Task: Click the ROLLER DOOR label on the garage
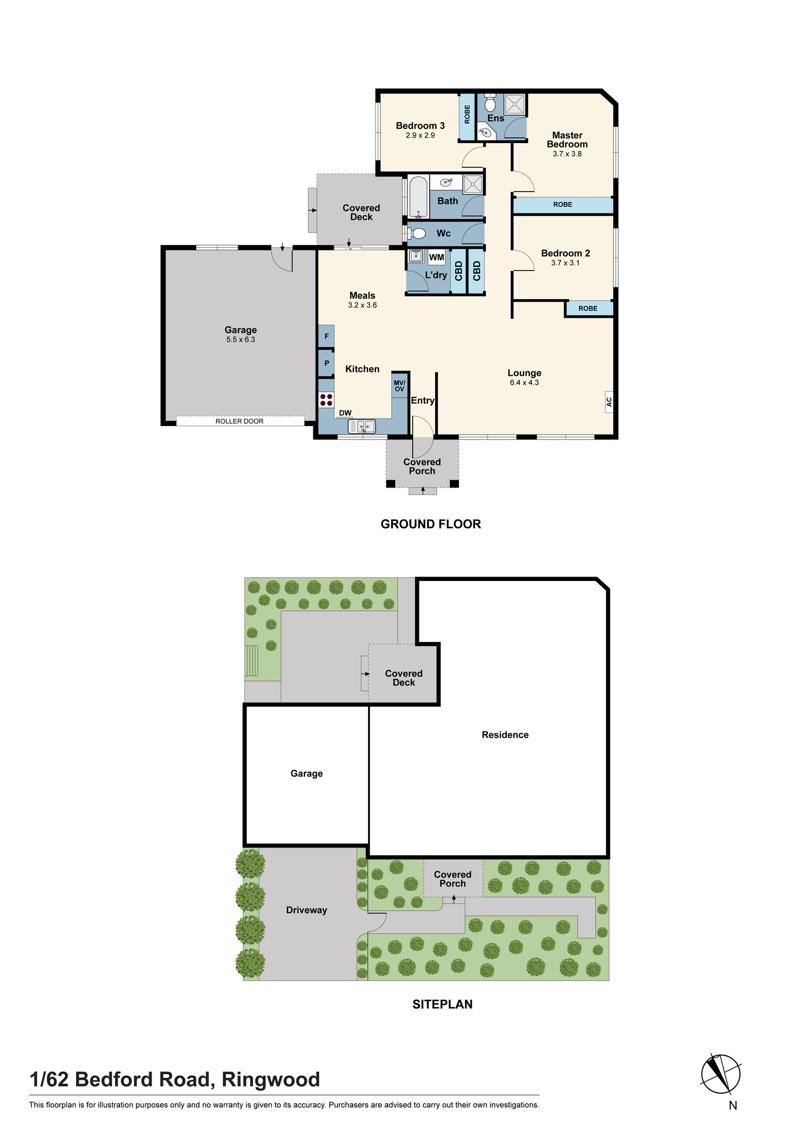[240, 421]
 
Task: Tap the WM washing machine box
[437, 257]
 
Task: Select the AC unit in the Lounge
[609, 402]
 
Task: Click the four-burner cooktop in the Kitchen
[326, 400]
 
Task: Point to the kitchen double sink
[362, 427]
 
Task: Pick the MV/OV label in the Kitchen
[400, 386]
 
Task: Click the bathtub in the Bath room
[418, 198]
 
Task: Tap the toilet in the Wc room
[416, 233]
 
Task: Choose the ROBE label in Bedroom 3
[467, 114]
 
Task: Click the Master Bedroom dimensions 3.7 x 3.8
[567, 154]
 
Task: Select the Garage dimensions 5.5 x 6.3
[241, 340]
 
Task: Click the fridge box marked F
[326, 336]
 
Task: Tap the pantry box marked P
[326, 363]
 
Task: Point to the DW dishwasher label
[345, 413]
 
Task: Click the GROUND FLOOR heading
[431, 524]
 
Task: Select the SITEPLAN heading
[442, 1004]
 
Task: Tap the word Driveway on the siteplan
[307, 910]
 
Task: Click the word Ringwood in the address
[271, 1080]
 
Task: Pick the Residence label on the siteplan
[505, 735]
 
